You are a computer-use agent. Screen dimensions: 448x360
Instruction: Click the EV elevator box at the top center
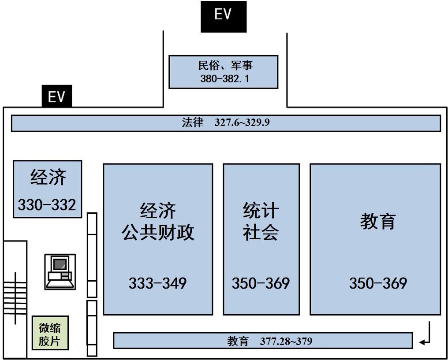click(224, 17)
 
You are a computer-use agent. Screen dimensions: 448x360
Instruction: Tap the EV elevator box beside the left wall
click(57, 96)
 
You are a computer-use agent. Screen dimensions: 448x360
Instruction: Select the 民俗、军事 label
click(225, 65)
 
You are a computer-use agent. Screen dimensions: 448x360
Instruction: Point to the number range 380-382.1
click(224, 78)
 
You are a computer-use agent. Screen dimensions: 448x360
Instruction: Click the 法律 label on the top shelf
click(193, 122)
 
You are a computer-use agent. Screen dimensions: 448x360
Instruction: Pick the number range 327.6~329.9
click(242, 122)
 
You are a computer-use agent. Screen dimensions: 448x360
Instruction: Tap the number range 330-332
click(47, 205)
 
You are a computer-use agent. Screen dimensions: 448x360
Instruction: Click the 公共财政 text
click(158, 232)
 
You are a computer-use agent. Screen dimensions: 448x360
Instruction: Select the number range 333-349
click(157, 283)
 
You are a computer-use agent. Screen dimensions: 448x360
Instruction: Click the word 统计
click(261, 211)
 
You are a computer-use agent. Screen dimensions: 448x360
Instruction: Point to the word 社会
click(261, 232)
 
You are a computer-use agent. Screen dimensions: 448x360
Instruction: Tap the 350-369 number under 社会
click(261, 283)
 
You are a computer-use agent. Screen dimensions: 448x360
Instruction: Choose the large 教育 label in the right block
click(378, 221)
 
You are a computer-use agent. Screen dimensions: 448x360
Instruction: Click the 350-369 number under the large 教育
click(378, 283)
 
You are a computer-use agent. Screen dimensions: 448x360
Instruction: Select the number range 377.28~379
click(286, 341)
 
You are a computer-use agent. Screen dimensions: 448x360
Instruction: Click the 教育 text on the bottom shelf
click(238, 341)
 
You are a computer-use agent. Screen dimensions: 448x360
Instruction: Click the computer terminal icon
click(60, 272)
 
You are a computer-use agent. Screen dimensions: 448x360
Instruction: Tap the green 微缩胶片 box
click(50, 333)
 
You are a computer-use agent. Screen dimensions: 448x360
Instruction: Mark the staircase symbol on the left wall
click(15, 298)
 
